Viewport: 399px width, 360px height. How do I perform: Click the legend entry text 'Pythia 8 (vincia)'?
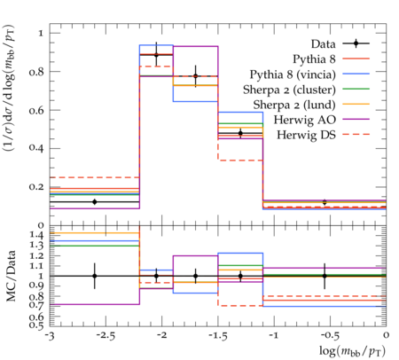click(293, 74)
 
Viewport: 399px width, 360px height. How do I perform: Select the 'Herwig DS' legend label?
click(306, 135)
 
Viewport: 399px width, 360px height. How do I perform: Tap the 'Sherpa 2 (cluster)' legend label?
click(289, 90)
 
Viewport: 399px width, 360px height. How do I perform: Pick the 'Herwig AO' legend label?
click(305, 120)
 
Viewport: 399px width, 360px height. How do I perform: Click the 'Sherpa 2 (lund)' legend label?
click(294, 105)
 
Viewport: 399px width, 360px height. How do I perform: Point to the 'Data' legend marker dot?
click(356, 43)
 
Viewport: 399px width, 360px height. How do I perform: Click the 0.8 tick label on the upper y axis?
click(36, 72)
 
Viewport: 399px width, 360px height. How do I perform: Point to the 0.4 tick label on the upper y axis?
click(36, 148)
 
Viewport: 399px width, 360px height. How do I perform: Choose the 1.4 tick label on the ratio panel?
click(36, 236)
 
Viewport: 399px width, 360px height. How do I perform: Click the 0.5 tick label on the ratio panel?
click(36, 325)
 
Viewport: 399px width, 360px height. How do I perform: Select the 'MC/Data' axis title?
click(11, 276)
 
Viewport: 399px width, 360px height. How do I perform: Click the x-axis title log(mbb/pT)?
click(352, 351)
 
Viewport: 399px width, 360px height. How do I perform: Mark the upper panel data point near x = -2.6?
click(95, 202)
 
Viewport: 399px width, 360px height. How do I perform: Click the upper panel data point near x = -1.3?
click(240, 133)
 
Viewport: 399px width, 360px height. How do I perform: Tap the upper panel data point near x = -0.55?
click(325, 202)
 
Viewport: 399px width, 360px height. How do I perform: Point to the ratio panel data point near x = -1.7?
click(195, 276)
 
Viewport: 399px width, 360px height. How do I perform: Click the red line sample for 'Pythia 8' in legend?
click(356, 59)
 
